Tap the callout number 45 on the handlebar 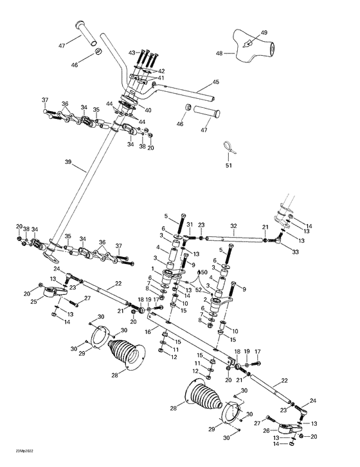215,82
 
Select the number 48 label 219,54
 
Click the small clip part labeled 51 230,149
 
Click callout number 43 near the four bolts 132,52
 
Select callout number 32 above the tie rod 233,226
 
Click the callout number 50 204,273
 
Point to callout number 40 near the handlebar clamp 148,110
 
